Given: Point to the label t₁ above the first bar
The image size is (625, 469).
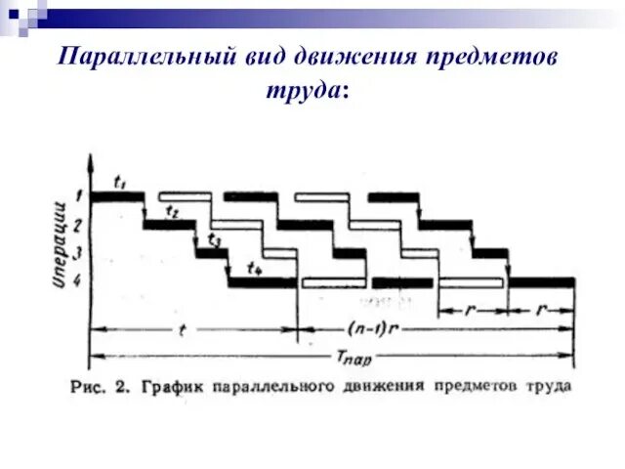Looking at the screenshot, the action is (x=121, y=181).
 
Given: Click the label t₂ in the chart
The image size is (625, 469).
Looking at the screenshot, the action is (x=172, y=210).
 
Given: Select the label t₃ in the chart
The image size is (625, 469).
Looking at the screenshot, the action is (x=214, y=239).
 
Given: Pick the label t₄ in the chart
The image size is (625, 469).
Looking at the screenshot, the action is (x=255, y=268).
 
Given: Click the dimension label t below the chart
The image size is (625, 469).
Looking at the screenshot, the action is (x=182, y=329).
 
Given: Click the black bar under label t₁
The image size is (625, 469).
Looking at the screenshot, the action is (x=117, y=196).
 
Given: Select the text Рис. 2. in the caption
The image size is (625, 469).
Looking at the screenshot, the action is (x=101, y=386).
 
